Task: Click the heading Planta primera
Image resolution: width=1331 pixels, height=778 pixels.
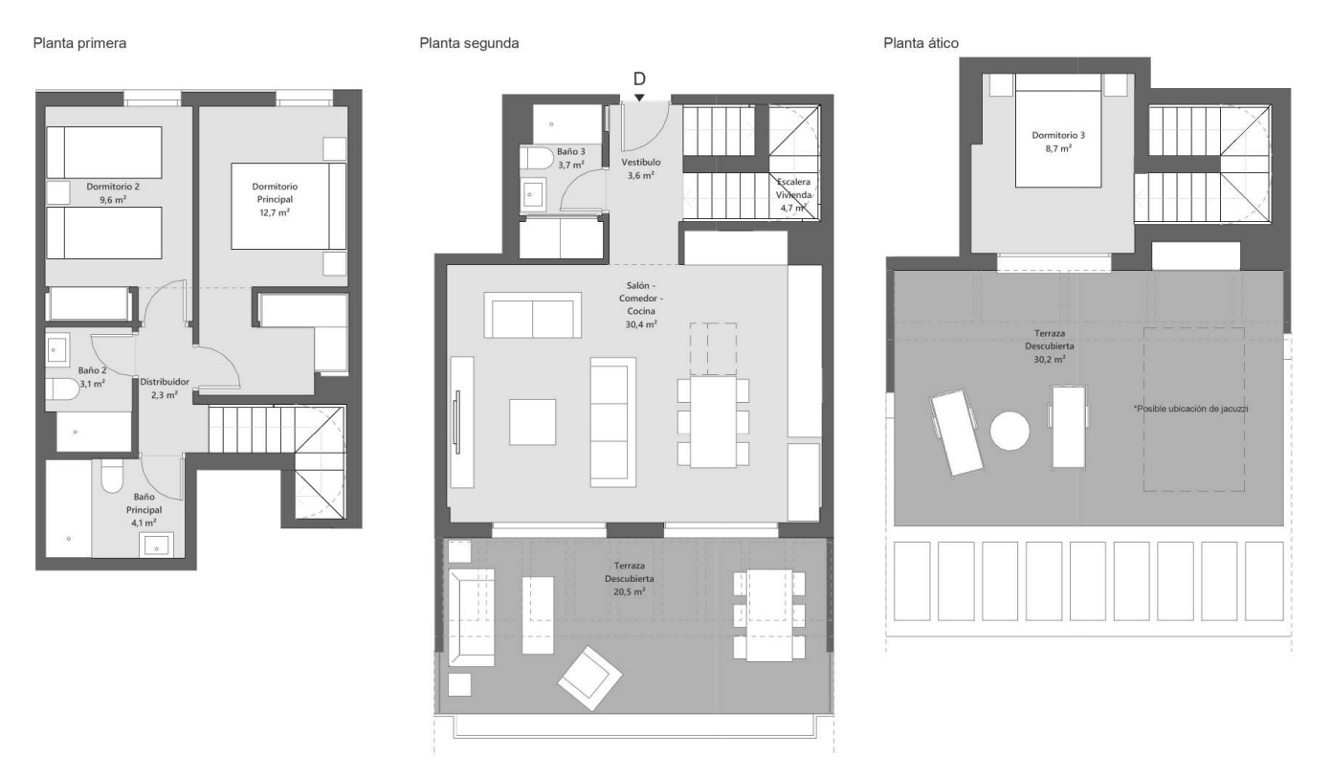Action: (79, 43)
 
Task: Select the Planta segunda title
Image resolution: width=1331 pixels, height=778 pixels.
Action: (469, 43)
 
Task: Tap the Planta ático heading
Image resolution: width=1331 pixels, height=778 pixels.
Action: (921, 43)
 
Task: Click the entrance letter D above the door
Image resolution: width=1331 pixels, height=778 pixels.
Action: (639, 78)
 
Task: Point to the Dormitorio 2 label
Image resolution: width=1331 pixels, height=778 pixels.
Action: (113, 187)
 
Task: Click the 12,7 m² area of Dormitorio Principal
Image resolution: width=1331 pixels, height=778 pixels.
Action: (275, 212)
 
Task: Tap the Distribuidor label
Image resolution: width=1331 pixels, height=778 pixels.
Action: (165, 382)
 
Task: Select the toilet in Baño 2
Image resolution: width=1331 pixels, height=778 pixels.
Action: (62, 389)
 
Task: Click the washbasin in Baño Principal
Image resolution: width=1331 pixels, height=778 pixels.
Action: (156, 545)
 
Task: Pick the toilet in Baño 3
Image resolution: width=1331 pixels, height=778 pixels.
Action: (537, 158)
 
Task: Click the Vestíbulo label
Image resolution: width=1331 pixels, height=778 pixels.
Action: (641, 162)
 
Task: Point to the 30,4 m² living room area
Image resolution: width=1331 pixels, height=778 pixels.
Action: (641, 324)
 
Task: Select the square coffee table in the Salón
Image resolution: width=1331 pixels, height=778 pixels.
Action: (532, 422)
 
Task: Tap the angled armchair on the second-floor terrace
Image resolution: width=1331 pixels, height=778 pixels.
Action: (590, 678)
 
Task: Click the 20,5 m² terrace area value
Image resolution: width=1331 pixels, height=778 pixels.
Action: (630, 591)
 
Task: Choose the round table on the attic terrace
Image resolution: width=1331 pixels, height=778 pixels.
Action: (1009, 431)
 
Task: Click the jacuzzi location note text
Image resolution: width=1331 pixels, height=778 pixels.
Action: (1190, 409)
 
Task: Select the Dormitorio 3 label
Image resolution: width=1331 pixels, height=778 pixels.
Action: (1058, 135)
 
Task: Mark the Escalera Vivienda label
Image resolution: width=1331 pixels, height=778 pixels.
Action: (793, 189)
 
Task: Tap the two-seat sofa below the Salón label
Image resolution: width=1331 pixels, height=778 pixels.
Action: (532, 315)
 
